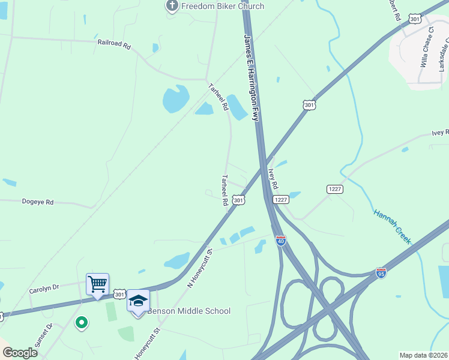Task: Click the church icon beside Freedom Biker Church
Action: click(x=172, y=7)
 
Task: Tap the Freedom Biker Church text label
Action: click(x=214, y=7)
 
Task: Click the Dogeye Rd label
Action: click(x=38, y=202)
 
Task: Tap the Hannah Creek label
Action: click(x=392, y=226)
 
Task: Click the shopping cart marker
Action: click(x=97, y=284)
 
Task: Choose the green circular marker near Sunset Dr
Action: click(x=81, y=323)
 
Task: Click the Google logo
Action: click(x=20, y=353)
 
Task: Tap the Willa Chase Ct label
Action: click(x=427, y=46)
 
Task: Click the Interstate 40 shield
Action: click(x=280, y=241)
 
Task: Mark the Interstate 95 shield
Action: click(x=381, y=273)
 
